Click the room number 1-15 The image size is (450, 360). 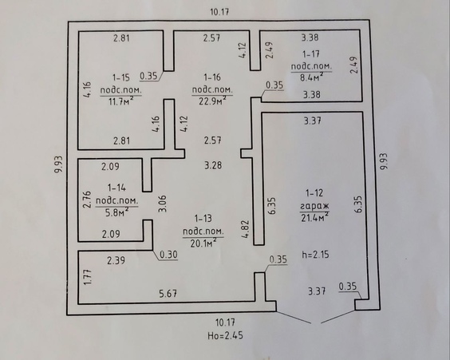(121, 77)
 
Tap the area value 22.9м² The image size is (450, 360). (212, 101)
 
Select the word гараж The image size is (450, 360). (314, 207)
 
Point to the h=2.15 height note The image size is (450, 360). (315, 255)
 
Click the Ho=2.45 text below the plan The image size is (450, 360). (225, 335)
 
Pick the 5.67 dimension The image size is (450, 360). (168, 294)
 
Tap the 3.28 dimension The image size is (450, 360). (213, 165)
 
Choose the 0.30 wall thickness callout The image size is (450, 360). (168, 255)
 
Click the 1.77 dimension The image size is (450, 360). (88, 277)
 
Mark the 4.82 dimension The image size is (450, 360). (246, 229)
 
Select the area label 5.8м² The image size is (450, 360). (116, 212)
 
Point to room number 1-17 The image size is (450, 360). (311, 54)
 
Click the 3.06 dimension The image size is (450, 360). (163, 204)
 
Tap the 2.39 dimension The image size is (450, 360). (116, 260)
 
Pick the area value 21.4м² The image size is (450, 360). (314, 218)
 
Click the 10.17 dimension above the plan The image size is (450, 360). (219, 12)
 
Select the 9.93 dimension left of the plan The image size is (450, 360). (58, 164)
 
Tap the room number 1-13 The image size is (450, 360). (203, 219)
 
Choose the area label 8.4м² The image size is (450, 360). (312, 77)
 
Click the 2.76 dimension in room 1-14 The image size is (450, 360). (87, 200)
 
